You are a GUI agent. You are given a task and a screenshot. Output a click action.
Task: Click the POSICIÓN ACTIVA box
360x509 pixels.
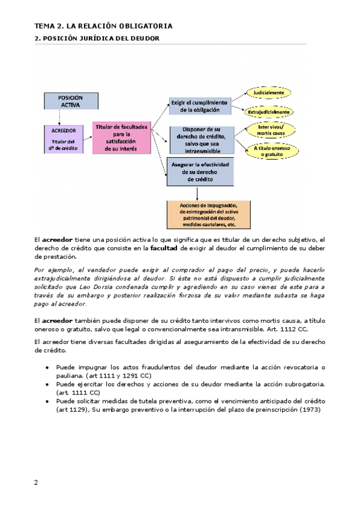point(70,101)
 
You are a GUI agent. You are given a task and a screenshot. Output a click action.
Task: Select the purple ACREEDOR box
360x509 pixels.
point(63,139)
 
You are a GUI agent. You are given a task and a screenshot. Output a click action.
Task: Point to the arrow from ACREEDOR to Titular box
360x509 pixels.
point(87,138)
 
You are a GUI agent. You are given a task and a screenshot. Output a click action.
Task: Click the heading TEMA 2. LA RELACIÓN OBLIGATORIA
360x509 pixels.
point(103,26)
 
